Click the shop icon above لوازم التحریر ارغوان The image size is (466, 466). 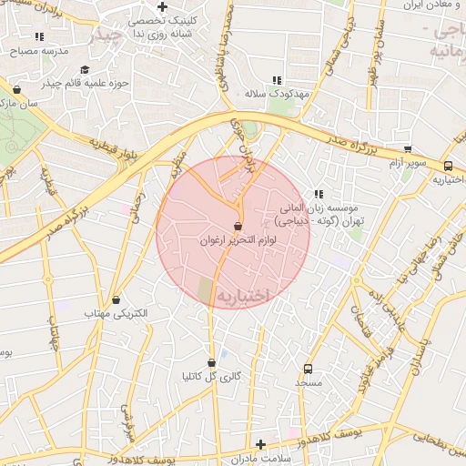point(238,226)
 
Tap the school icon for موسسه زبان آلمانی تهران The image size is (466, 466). point(319,194)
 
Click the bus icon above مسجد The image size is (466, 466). point(308,369)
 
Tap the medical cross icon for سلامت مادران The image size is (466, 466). point(261,444)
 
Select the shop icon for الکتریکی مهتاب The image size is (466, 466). point(116,299)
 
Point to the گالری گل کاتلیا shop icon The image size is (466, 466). point(211,362)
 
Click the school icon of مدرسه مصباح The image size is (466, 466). point(39,36)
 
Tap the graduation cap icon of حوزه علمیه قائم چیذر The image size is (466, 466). point(85,69)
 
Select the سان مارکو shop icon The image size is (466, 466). point(16,89)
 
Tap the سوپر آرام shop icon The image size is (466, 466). point(407,148)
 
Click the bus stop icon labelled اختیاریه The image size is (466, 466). point(448,166)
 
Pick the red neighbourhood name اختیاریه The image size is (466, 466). point(243,296)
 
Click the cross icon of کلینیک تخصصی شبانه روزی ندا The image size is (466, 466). point(162,7)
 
